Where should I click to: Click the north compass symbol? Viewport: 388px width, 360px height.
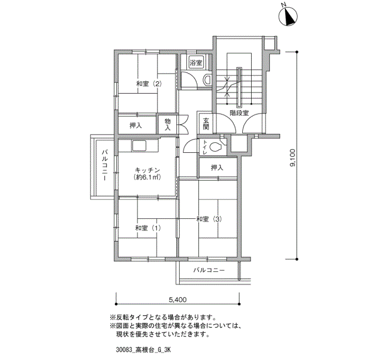coord(288,17)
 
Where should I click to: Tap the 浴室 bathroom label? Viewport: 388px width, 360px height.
coord(196,63)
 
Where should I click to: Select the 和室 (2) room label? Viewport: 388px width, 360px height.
coord(149,84)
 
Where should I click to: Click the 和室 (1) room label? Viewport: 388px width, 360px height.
coord(148,228)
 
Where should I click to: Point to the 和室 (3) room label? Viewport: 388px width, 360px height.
coord(209,219)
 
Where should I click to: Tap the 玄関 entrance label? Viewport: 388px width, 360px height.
coord(206,124)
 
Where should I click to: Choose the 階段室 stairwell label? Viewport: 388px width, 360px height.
coord(239,113)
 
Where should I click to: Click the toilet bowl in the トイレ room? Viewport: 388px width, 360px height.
coord(215,147)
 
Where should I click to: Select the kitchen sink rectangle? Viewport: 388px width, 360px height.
coord(140,146)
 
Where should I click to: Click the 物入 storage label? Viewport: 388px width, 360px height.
coord(167,125)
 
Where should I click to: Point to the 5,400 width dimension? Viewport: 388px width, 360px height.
coord(178,300)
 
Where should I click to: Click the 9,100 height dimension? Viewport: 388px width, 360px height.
coord(293,158)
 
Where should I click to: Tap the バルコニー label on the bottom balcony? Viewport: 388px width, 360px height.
coord(209,270)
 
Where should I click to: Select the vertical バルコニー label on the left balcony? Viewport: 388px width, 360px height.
coord(104,165)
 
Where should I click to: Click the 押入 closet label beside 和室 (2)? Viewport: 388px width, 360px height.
coord(136,126)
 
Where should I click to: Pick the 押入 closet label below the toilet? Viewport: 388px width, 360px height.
coord(217,168)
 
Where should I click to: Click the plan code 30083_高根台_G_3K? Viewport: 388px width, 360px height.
coord(144,350)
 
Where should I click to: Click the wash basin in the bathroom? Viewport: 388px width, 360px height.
coord(207,80)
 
